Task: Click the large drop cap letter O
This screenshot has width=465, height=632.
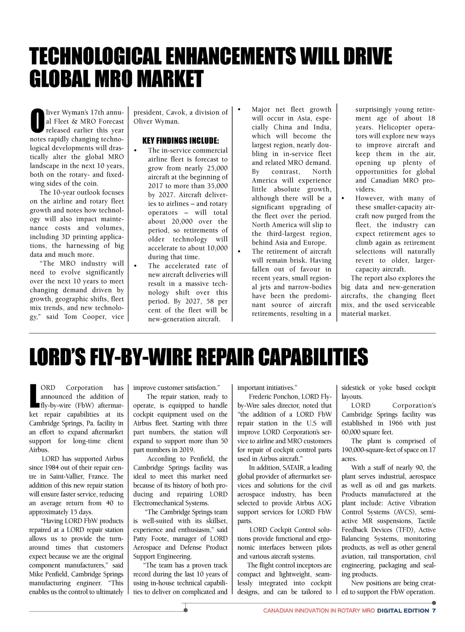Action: pos(37,120)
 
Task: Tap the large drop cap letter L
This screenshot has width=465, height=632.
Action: pos(34,396)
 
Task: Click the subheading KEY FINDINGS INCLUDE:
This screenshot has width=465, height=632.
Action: pos(181,140)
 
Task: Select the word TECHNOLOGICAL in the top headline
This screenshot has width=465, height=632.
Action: pos(95,56)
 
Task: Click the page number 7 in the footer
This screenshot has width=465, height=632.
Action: pos(434,611)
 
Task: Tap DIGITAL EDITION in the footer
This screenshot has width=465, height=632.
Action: pos(403,611)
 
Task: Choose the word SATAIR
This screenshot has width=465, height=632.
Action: pos(293,468)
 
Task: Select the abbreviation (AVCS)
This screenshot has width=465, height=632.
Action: pos(405,512)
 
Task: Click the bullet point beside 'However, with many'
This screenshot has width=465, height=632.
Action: pos(343,198)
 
